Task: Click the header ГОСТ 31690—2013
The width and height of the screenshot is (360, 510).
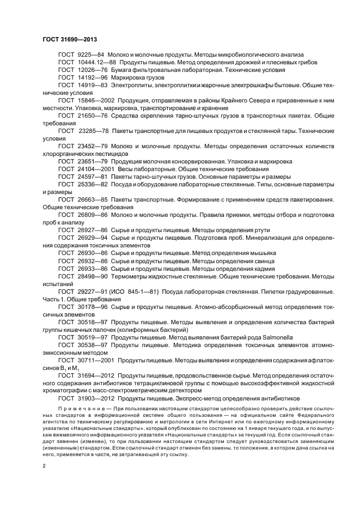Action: [70, 40]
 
